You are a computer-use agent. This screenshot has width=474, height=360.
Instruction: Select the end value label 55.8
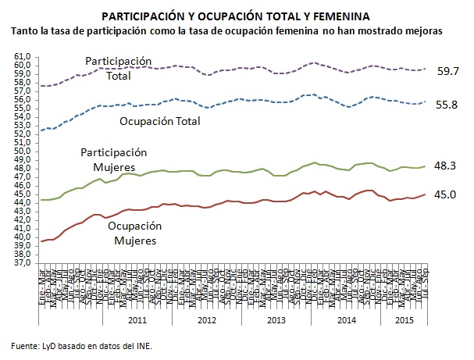447,105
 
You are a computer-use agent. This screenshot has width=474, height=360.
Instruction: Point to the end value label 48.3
447,166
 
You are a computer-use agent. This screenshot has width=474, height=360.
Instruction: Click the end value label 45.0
447,195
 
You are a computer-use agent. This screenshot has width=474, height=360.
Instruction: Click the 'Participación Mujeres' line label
113,161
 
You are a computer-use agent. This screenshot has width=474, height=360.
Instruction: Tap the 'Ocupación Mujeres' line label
129,233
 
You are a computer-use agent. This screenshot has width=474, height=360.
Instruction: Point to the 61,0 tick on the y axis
21,56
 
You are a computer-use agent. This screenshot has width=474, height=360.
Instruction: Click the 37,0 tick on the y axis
21,263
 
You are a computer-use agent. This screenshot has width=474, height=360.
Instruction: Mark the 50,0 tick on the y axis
21,151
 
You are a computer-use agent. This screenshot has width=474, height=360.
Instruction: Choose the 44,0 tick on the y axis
21,202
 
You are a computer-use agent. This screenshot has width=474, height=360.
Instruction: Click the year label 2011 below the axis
137,319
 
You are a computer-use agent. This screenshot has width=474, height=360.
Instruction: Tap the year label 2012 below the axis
206,319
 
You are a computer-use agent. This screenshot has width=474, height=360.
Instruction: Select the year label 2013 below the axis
276,319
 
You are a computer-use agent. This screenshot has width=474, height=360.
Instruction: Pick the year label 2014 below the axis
345,319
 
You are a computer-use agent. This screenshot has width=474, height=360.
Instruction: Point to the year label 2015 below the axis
403,319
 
